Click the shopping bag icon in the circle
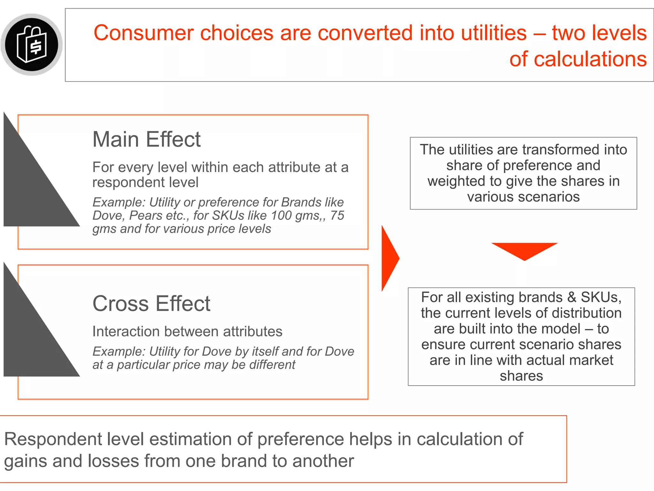(x=32, y=44)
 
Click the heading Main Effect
(x=146, y=139)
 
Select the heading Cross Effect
(x=151, y=303)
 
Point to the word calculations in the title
(x=590, y=59)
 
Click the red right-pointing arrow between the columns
(x=390, y=258)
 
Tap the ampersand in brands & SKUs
(x=571, y=298)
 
